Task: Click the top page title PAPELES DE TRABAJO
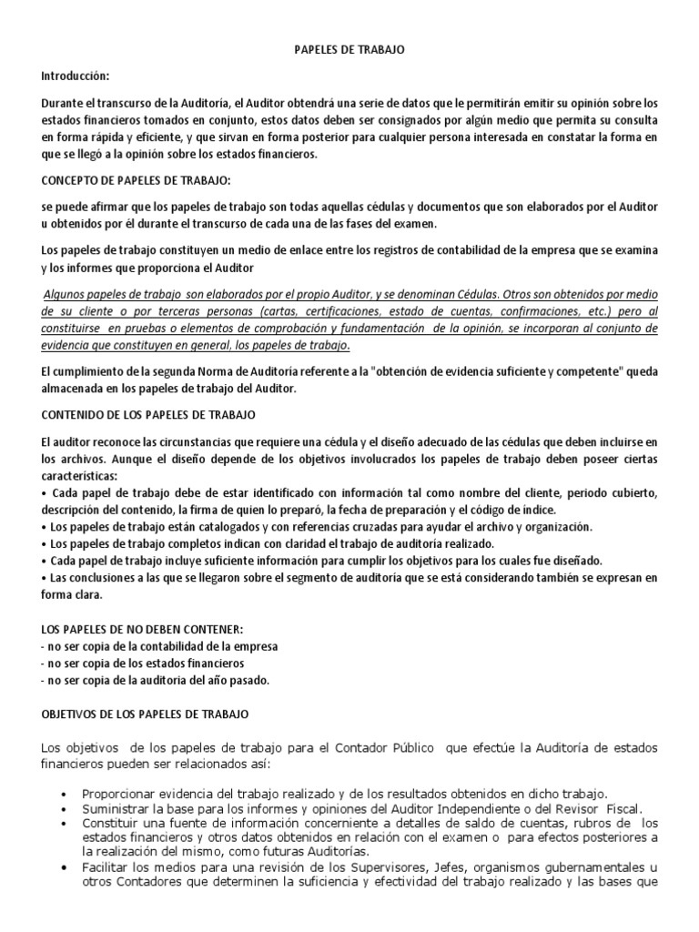[349, 52]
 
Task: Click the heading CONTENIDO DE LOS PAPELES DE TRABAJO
[149, 415]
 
